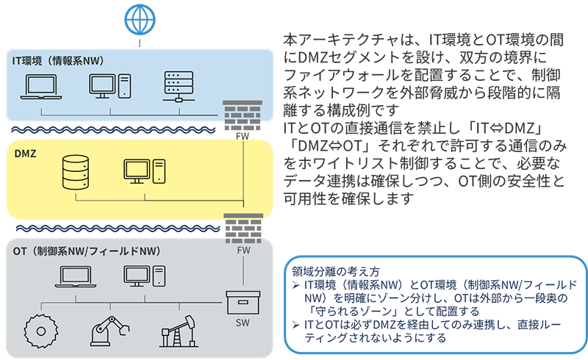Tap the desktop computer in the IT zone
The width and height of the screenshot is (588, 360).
tap(110, 86)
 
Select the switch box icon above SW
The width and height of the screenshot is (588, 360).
tap(242, 302)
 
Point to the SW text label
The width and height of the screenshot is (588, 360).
tap(242, 324)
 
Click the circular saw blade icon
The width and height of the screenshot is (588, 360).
tap(42, 329)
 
